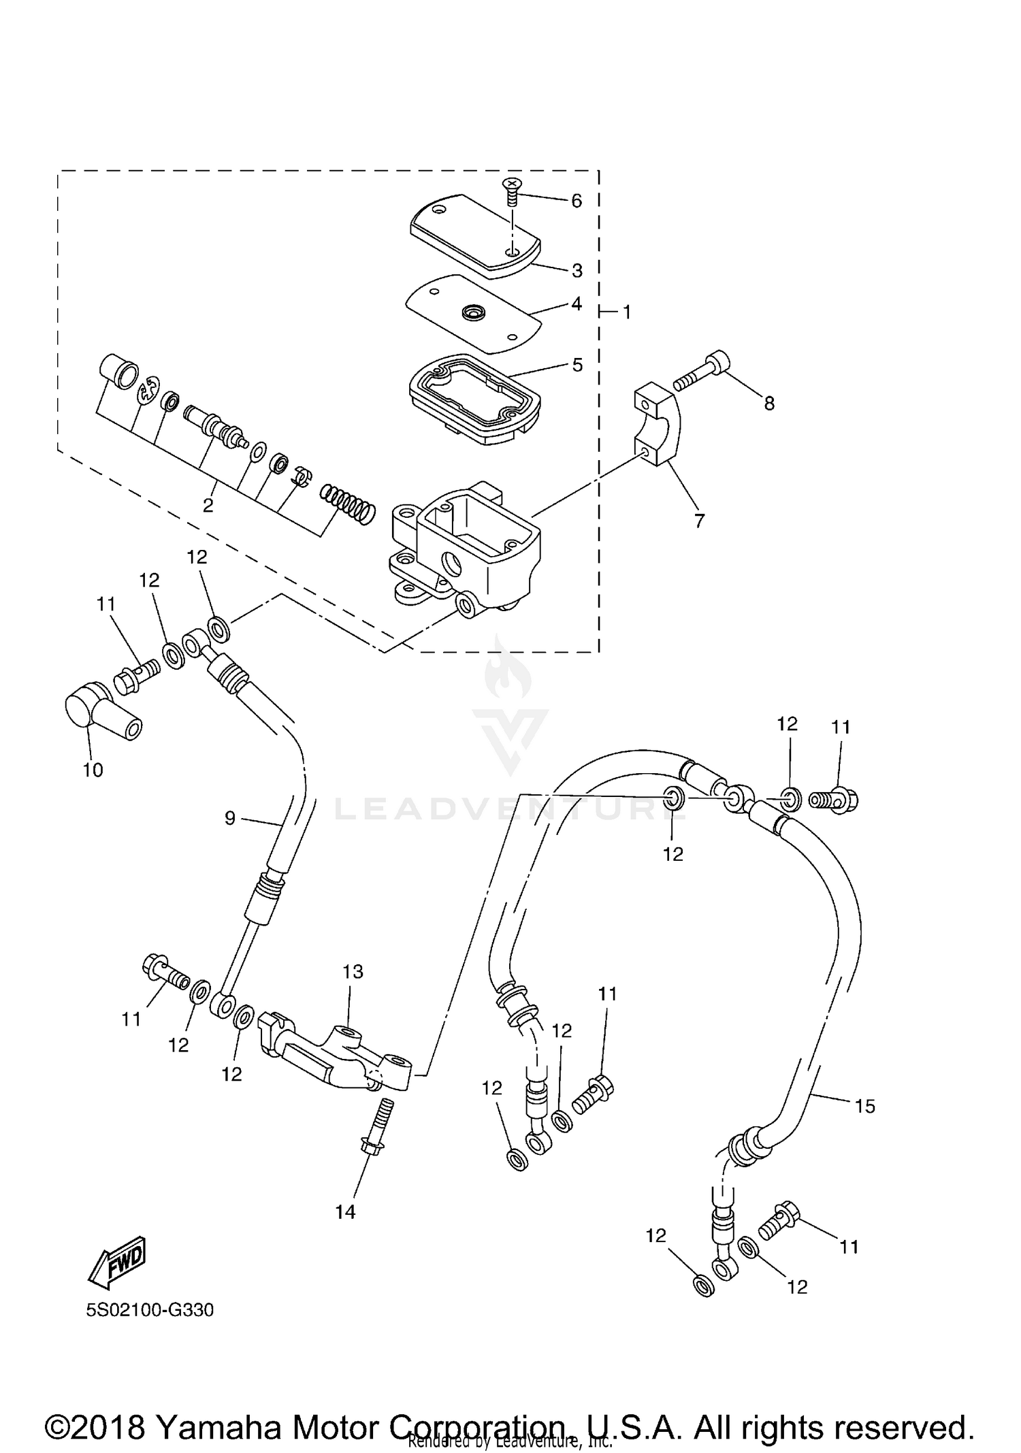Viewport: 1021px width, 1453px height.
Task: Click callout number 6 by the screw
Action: click(577, 201)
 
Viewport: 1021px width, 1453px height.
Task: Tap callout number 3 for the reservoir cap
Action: click(577, 271)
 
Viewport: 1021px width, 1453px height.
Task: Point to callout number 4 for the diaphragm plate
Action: click(577, 304)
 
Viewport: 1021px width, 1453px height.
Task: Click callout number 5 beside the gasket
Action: click(577, 365)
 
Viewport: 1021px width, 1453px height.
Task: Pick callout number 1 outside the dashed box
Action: click(627, 312)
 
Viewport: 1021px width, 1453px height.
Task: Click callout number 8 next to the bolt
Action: click(769, 404)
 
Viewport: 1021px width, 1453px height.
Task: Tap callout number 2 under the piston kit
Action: click(208, 506)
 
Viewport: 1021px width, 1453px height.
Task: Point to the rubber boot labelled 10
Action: click(102, 715)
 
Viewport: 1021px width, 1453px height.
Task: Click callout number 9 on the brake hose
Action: click(230, 818)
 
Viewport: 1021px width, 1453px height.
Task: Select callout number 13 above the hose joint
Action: click(353, 972)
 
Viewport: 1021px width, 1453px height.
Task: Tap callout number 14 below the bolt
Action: click(345, 1212)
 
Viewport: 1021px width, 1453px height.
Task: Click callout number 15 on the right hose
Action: click(864, 1107)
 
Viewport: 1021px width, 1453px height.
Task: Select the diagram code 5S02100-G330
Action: click(150, 1310)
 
